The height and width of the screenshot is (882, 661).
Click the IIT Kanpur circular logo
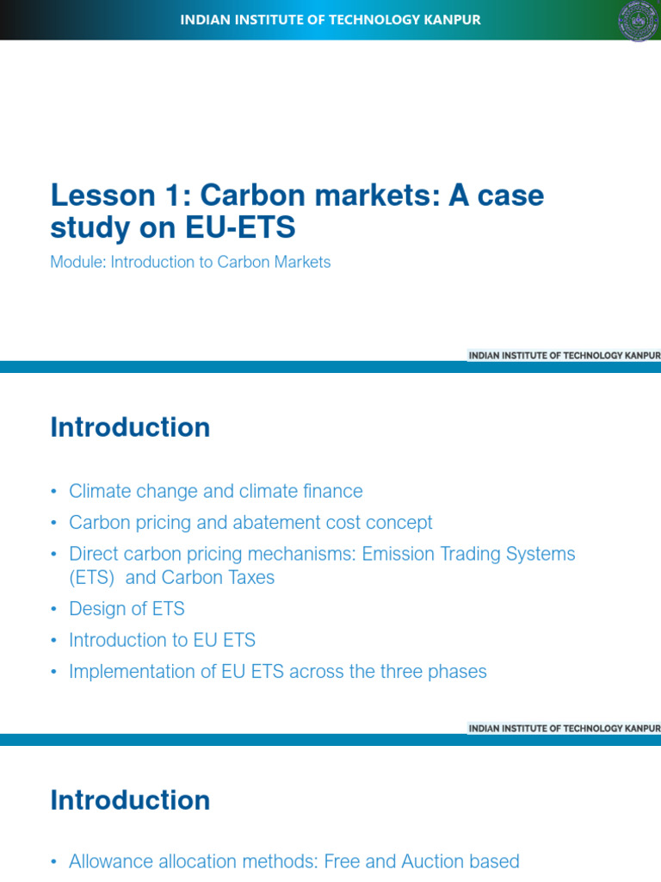639,21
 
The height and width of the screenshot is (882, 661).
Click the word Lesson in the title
103,196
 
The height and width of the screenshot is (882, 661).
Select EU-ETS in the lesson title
240,227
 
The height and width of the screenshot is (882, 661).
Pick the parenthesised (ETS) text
91,578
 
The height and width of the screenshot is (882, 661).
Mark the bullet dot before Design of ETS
54,609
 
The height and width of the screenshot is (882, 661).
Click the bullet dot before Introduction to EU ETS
54,641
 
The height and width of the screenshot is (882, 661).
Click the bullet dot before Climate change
54,492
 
